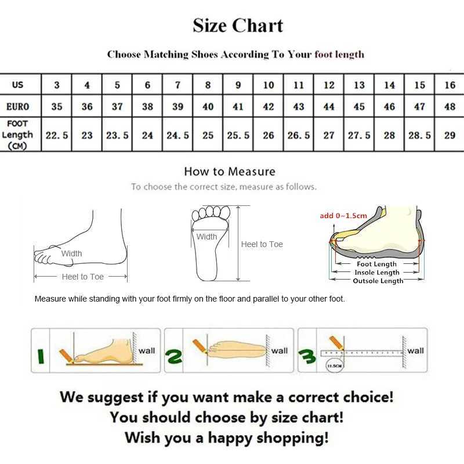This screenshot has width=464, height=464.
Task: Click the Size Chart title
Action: pyautogui.click(x=238, y=26)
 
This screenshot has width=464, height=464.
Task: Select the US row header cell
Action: pyautogui.click(x=18, y=85)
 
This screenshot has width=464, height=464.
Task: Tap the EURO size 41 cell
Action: pyautogui.click(x=238, y=107)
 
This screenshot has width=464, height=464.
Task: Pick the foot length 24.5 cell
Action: pyautogui.click(x=177, y=135)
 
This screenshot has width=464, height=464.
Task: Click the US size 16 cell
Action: pyautogui.click(x=449, y=85)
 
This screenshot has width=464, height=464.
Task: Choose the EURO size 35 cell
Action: pyautogui.click(x=57, y=107)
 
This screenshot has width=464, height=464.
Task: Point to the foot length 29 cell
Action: pyautogui.click(x=449, y=135)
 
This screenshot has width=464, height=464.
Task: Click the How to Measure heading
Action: pyautogui.click(x=230, y=171)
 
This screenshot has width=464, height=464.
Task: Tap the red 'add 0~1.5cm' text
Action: pyautogui.click(x=343, y=216)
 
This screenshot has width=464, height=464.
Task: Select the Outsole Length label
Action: pyautogui.click(x=378, y=281)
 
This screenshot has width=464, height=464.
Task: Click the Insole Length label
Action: pyautogui.click(x=378, y=273)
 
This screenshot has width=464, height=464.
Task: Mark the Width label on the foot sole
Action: pyautogui.click(x=206, y=237)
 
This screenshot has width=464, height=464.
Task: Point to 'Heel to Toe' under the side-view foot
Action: pyautogui.click(x=82, y=277)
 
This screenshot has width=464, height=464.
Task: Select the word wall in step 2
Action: pyautogui.click(x=279, y=350)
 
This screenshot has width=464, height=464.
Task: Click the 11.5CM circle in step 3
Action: pyautogui.click(x=333, y=365)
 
